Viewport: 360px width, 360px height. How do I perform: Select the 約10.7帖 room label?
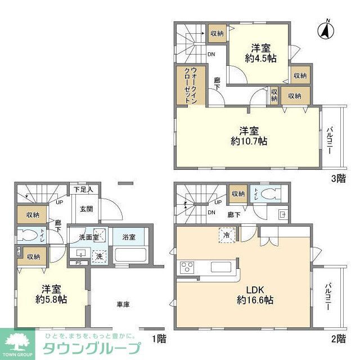pyautogui.click(x=248, y=135)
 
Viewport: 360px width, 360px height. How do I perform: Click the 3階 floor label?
pyautogui.click(x=337, y=178)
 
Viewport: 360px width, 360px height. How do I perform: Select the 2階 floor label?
pyautogui.click(x=337, y=339)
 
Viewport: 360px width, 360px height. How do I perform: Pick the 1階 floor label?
pyautogui.click(x=160, y=339)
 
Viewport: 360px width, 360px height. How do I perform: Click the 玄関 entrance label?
pyautogui.click(x=86, y=210)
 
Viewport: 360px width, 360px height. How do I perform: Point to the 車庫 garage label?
pyautogui.click(x=123, y=304)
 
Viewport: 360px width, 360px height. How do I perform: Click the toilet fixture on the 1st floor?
pyautogui.click(x=29, y=236)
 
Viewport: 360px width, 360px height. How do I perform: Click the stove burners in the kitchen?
pyautogui.click(x=186, y=267)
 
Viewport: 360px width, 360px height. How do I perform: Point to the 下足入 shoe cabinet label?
pyautogui.click(x=84, y=190)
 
